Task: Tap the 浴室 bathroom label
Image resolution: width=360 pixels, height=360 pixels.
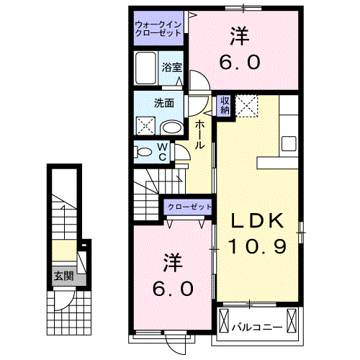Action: click(x=171, y=67)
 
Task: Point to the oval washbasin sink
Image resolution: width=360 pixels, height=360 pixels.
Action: click(x=171, y=127)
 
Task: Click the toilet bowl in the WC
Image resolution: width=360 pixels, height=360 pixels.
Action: click(x=144, y=151)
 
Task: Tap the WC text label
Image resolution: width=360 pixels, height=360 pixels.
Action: click(x=163, y=151)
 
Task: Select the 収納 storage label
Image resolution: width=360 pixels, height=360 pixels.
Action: click(x=225, y=106)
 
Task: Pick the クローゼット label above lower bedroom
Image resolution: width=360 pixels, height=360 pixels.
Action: click(x=189, y=207)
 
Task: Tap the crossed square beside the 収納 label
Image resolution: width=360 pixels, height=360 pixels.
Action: click(x=247, y=106)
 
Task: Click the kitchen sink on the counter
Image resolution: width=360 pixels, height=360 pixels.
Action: click(x=289, y=143)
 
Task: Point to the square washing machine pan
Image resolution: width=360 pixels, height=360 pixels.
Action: click(x=147, y=127)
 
